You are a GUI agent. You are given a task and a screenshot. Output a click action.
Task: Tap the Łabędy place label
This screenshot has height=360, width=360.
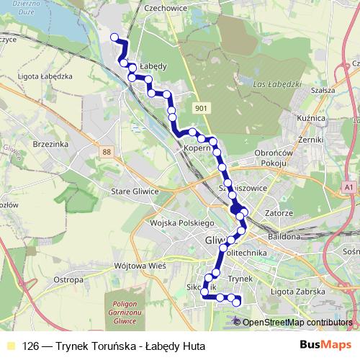click(x=153, y=66)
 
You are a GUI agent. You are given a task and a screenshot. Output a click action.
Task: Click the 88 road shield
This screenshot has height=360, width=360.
click(x=107, y=152)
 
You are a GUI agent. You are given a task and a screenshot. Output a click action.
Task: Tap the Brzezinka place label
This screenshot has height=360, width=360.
click(x=50, y=144)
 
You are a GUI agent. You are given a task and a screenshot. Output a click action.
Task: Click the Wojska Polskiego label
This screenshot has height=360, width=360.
click(x=177, y=223)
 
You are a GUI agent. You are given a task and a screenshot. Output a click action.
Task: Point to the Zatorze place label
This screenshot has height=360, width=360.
click(x=278, y=213)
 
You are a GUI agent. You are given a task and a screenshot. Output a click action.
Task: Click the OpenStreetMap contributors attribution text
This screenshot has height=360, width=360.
click(x=297, y=322)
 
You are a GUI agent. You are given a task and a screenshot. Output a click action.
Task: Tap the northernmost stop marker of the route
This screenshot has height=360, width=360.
click(x=114, y=37)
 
